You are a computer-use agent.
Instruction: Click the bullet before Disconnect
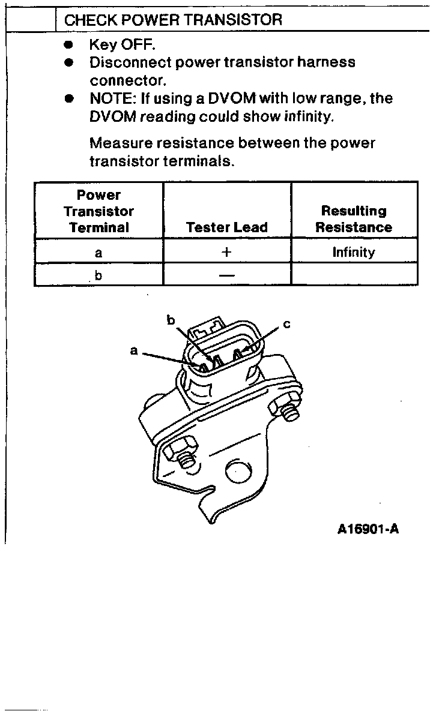(69, 62)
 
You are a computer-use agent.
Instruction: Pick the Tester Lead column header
(226, 227)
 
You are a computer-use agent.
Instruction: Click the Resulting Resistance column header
(354, 219)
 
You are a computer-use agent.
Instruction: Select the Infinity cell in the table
(354, 252)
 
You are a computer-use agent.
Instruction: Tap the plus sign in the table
(226, 252)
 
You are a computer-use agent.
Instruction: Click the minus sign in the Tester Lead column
(226, 275)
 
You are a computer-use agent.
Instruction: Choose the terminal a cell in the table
(98, 253)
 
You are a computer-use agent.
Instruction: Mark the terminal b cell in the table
(98, 275)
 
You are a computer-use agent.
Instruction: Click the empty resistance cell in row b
(354, 275)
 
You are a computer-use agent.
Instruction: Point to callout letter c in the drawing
(286, 325)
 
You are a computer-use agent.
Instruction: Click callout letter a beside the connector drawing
(134, 350)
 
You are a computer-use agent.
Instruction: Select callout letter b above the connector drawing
(171, 320)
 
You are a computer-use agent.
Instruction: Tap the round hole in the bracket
(236, 473)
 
